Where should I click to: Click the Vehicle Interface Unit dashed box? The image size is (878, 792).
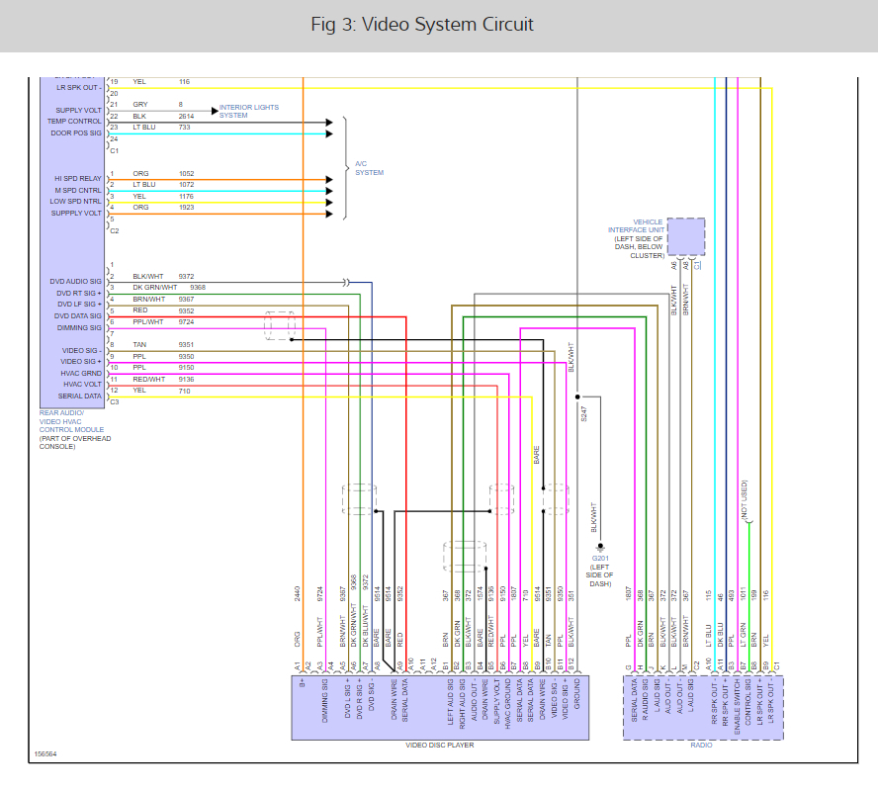point(686,237)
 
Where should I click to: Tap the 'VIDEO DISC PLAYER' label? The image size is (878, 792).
point(439,746)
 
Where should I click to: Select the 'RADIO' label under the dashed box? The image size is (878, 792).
point(702,746)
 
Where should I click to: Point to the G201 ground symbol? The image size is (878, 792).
point(599,546)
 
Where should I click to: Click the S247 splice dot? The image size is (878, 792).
point(576,396)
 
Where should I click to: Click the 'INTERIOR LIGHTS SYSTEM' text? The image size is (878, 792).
point(248,111)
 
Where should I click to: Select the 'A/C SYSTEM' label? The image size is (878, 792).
point(369,168)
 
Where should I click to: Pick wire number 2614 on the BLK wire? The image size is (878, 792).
point(187,116)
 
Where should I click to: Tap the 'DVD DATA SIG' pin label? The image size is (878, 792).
point(78,316)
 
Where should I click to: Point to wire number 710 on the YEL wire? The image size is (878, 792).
point(185,391)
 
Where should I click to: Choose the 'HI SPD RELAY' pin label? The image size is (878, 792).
point(78,178)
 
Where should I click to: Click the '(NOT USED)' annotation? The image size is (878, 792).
point(743,500)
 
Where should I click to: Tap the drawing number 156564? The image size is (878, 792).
point(46,754)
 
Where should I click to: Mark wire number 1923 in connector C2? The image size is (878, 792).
point(187,208)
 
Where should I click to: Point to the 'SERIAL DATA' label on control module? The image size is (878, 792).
point(80,396)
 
